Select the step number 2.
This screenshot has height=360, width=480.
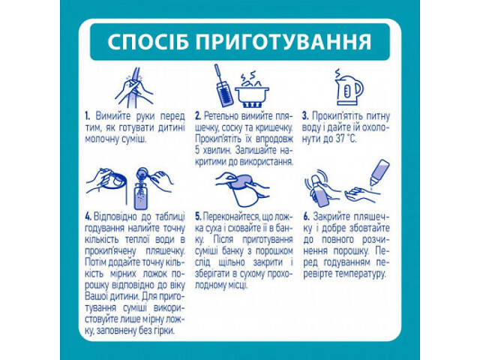[x=197, y=117]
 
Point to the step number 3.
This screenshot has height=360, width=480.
[x=305, y=117]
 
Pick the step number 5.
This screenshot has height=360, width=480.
[x=197, y=217]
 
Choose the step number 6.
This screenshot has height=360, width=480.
[x=306, y=217]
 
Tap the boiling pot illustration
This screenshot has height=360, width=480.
[x=253, y=91]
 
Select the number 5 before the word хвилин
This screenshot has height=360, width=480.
[x=197, y=151]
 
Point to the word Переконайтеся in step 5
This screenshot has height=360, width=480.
[x=232, y=217]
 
